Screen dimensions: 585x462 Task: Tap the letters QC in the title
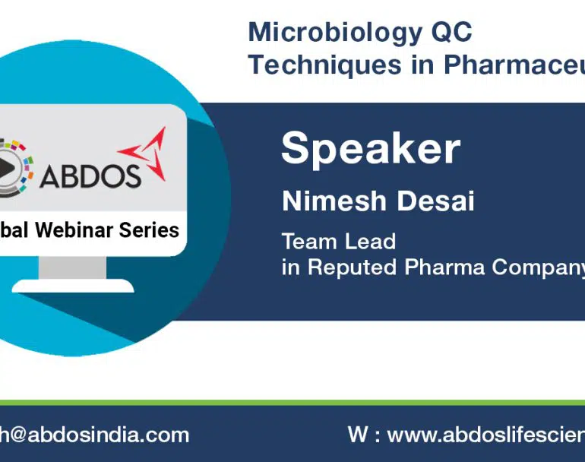click(452, 32)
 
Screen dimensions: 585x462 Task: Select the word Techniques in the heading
click(324, 64)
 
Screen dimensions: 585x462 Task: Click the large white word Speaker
click(371, 149)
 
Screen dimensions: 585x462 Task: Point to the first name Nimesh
click(334, 201)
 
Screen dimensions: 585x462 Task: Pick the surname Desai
click(435, 201)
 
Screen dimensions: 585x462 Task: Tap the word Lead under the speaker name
click(370, 242)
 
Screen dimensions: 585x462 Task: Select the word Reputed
click(352, 267)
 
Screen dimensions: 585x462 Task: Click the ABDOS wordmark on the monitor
click(90, 176)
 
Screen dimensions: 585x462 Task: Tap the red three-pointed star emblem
click(145, 153)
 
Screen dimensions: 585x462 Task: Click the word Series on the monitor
click(149, 230)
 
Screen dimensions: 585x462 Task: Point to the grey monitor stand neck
click(72, 267)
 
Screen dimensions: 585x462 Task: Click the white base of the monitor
click(73, 286)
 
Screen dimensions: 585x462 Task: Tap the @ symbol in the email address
click(17, 435)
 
